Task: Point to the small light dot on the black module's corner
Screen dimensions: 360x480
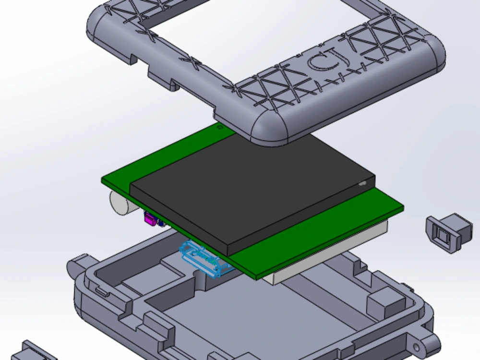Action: tap(363, 183)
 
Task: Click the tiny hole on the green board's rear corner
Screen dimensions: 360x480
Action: tap(220, 128)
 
